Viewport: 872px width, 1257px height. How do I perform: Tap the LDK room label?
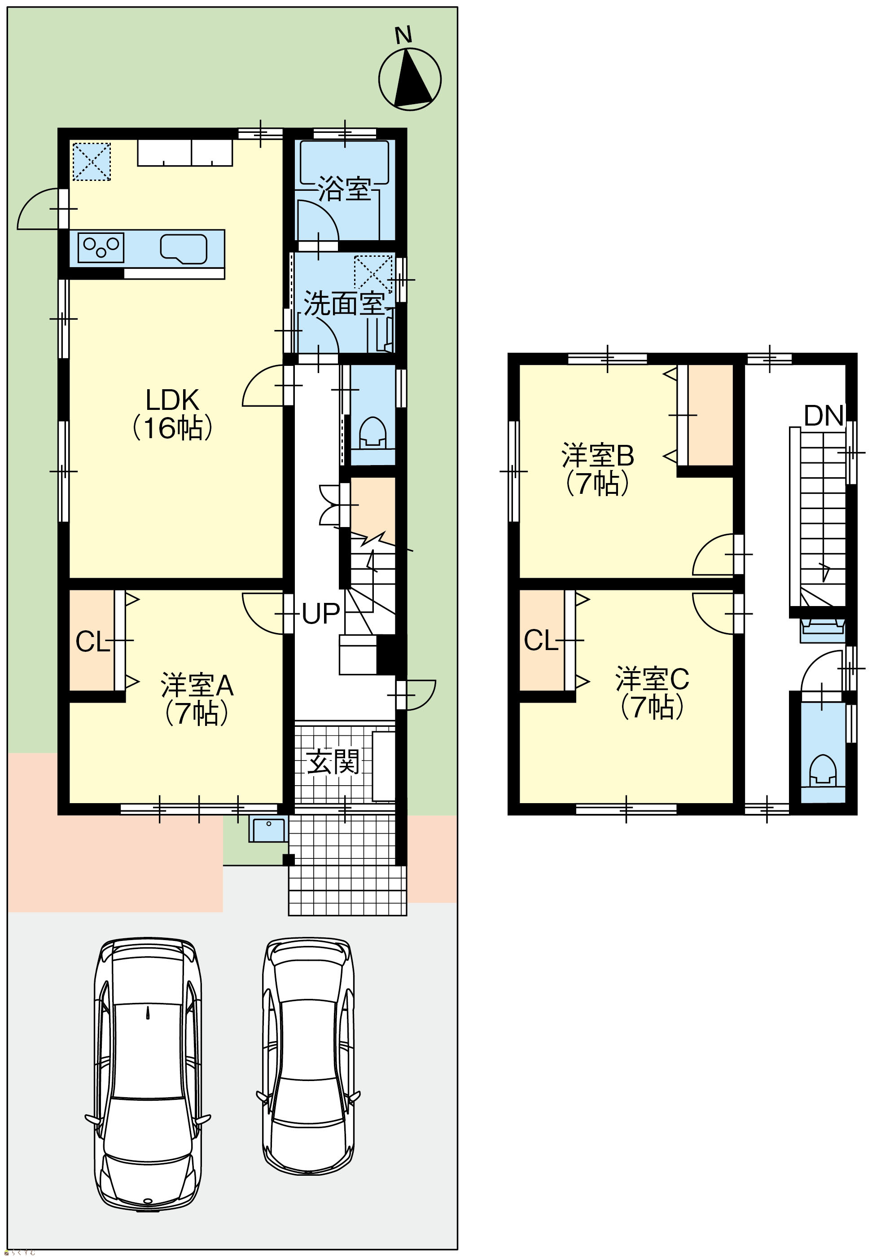click(x=172, y=414)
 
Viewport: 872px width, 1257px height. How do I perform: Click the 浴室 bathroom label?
click(x=344, y=189)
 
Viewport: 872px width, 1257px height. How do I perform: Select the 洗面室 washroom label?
click(x=345, y=303)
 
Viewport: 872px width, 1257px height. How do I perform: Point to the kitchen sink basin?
click(x=184, y=249)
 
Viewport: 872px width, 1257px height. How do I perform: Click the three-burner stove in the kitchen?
click(x=101, y=247)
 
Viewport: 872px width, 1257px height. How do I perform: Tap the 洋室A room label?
click(x=197, y=699)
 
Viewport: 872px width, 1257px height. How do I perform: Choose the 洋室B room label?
click(x=597, y=469)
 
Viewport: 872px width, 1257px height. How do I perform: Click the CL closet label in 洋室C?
click(x=540, y=640)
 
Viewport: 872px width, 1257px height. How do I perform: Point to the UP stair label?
click(x=321, y=614)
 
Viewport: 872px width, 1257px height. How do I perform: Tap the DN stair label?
click(x=824, y=416)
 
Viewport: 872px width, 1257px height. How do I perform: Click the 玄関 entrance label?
click(x=333, y=761)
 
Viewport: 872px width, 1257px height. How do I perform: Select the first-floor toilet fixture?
click(x=372, y=432)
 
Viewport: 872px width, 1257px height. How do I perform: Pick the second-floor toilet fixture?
click(x=822, y=770)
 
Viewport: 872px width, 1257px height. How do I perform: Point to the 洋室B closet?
click(x=710, y=415)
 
